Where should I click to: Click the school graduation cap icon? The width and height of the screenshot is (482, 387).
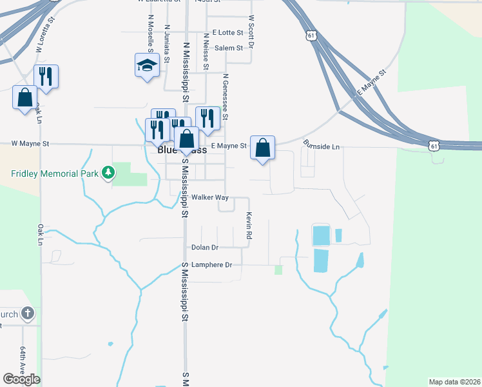[147, 65]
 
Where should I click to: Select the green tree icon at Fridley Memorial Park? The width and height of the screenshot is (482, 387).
[110, 173]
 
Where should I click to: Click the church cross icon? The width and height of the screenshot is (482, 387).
[27, 313]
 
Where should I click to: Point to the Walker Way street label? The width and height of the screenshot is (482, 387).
[210, 197]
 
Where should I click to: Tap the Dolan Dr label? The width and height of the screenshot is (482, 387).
[205, 247]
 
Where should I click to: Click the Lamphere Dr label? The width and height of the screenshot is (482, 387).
[210, 265]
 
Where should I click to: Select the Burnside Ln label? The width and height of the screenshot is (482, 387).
[321, 146]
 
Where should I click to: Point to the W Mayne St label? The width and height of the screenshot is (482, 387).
[30, 144]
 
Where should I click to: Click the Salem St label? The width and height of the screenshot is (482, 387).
[228, 48]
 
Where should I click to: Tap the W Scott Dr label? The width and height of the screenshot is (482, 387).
[251, 32]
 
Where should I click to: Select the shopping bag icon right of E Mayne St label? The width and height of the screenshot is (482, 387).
[263, 148]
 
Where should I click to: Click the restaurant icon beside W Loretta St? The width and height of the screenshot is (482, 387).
[46, 76]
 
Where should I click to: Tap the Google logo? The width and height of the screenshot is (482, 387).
[21, 379]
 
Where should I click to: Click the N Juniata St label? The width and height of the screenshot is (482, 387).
[167, 44]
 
